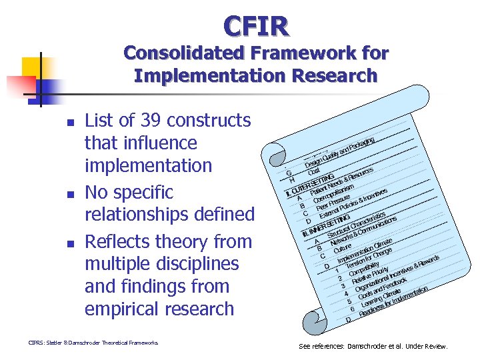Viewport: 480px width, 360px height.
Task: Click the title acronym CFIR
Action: (256, 27)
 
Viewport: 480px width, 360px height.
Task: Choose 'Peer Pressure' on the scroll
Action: (333, 203)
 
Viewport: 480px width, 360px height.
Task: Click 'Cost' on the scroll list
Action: (313, 171)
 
